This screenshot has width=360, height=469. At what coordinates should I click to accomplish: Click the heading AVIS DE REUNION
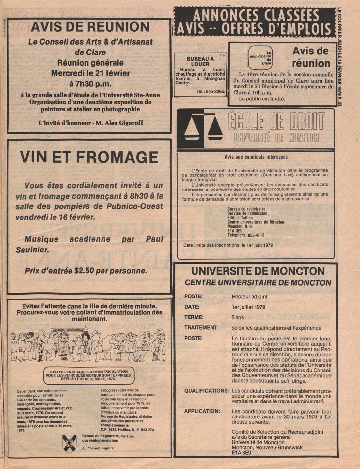(90, 27)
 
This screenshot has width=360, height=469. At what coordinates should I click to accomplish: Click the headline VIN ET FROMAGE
(89, 157)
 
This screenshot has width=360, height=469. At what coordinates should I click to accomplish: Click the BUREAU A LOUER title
(200, 62)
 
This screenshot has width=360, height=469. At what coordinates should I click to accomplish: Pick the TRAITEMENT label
(201, 327)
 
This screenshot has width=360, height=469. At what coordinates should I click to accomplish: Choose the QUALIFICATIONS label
(207, 391)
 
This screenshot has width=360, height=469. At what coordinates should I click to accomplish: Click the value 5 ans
(238, 317)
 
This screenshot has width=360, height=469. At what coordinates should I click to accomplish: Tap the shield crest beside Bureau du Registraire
(69, 444)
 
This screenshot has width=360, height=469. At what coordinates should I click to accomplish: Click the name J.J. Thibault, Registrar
(98, 448)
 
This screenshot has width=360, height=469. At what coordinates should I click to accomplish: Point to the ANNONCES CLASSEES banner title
(256, 16)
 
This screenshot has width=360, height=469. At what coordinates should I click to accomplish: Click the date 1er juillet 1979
(248, 307)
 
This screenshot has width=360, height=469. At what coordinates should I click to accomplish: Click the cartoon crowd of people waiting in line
(88, 345)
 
